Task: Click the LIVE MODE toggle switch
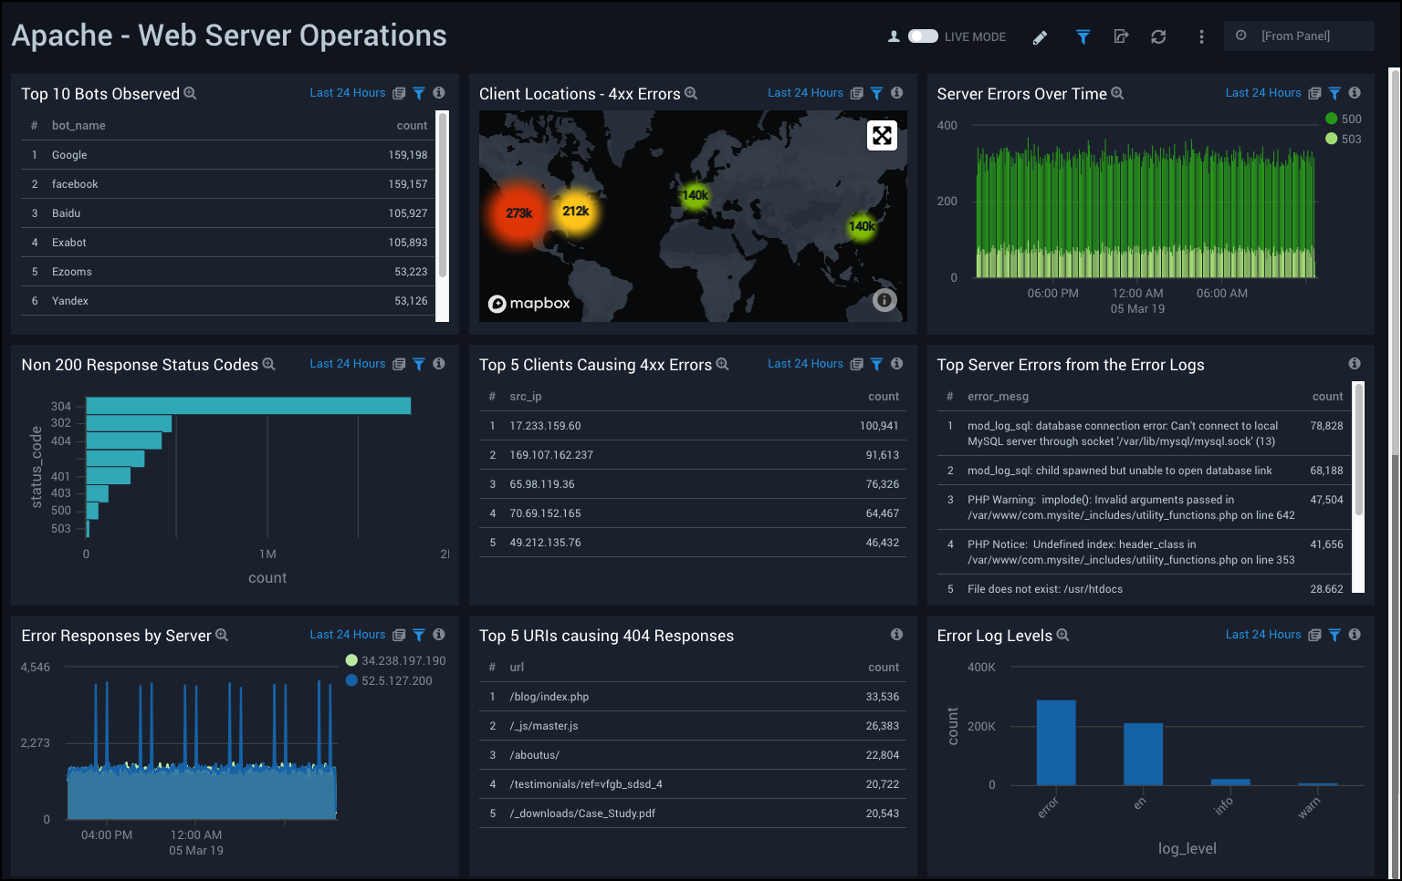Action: point(923,36)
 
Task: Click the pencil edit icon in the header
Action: point(1040,37)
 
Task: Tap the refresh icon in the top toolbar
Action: point(1158,36)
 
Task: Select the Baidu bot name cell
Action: point(66,213)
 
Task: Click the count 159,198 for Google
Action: point(407,155)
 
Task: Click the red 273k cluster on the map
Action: point(518,213)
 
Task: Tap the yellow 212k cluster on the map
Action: point(575,212)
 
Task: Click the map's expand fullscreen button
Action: point(882,136)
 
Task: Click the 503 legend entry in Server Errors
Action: point(1343,139)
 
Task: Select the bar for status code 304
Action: point(248,406)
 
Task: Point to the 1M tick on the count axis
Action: point(267,555)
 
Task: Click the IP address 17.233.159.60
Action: point(545,426)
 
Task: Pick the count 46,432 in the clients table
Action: point(882,543)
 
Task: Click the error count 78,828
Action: point(1326,426)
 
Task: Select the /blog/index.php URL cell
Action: point(549,697)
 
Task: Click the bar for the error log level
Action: point(1055,742)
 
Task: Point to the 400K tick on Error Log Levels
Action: point(981,668)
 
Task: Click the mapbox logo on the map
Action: point(529,304)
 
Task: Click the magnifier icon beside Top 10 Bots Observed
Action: point(190,93)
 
